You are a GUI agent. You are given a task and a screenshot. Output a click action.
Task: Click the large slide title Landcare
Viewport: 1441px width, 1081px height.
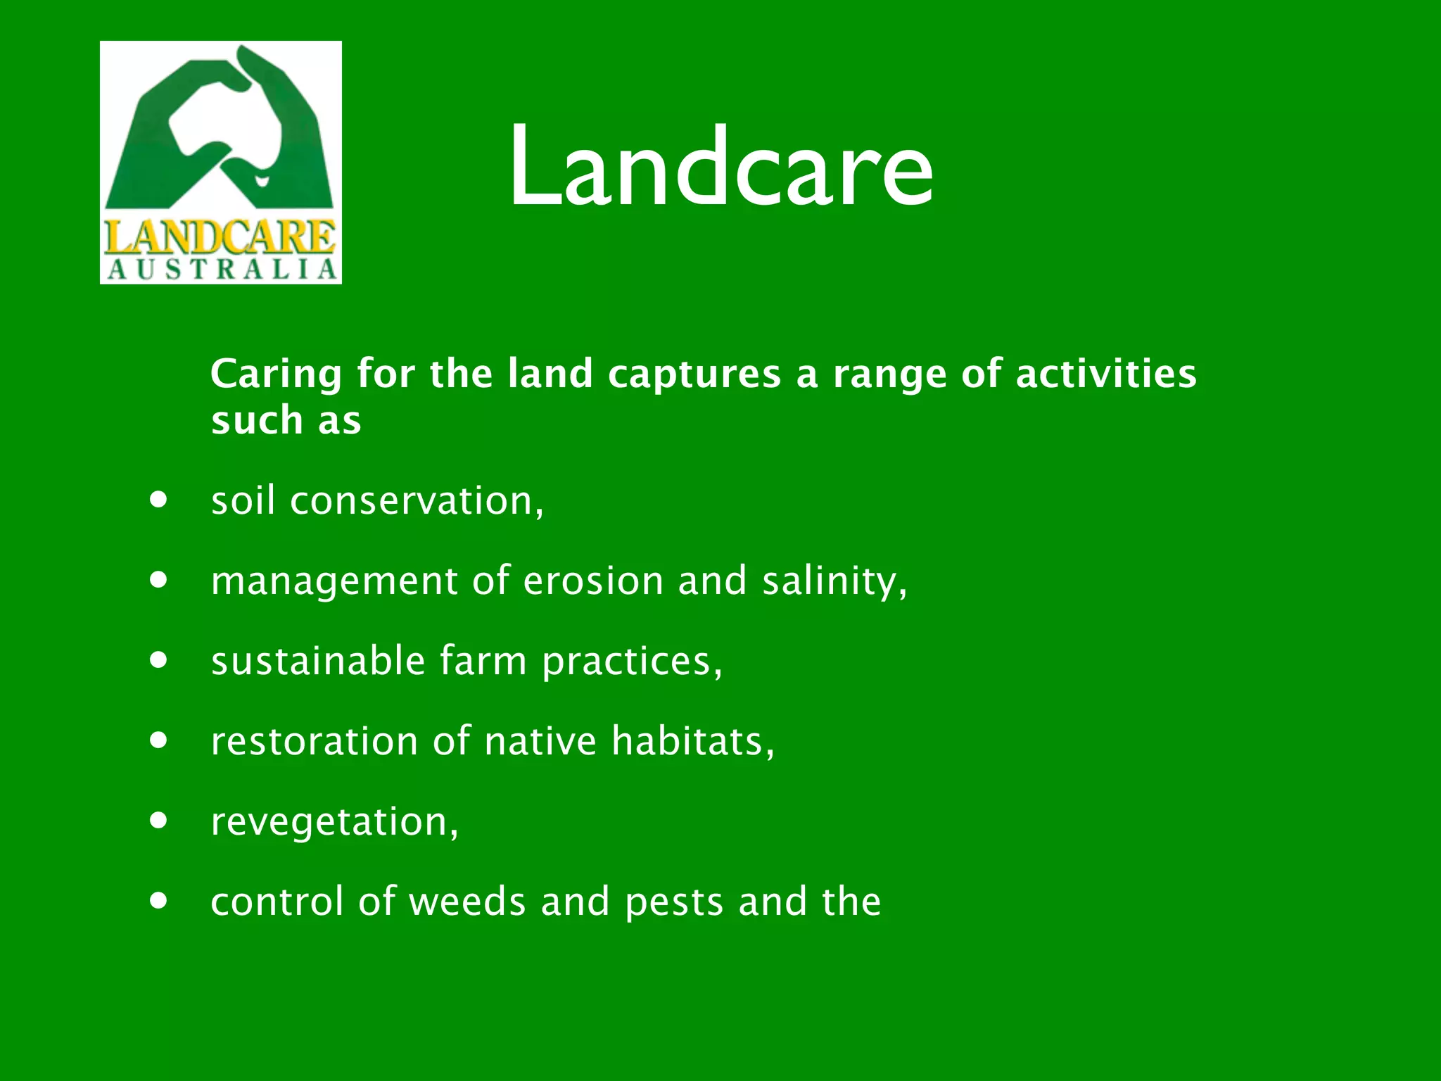721,167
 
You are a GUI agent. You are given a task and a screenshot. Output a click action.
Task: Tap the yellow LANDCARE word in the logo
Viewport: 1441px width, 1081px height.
220,237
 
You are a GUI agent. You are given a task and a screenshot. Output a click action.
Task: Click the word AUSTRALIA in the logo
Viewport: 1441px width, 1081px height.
222,270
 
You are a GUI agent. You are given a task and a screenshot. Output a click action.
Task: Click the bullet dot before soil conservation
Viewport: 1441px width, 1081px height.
159,500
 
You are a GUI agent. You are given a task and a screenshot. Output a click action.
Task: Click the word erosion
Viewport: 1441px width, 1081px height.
593,581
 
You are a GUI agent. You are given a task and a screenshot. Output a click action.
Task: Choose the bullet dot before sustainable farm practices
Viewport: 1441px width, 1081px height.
159,660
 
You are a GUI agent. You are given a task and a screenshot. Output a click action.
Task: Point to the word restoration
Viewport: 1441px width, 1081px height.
315,742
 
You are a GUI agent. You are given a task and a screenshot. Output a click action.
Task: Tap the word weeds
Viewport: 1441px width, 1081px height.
467,902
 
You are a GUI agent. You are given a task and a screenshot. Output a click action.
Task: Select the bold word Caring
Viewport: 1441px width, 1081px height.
276,374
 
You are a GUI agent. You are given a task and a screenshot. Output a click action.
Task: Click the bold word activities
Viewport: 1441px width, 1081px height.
1105,373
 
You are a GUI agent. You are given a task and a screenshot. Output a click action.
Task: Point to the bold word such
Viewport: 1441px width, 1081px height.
257,421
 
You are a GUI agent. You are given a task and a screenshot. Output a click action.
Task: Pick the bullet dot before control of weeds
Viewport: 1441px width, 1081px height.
159,901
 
